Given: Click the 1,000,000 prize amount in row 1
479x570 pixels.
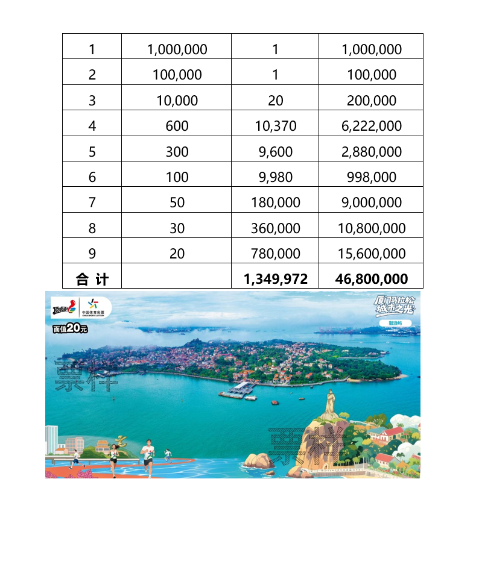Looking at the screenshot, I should (x=177, y=49).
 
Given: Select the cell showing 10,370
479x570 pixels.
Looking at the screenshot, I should (x=275, y=126).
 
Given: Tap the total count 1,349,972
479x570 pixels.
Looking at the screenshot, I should (x=275, y=279).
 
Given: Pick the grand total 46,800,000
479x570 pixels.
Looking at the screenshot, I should (x=371, y=279).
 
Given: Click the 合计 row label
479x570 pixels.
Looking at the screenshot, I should (x=92, y=279).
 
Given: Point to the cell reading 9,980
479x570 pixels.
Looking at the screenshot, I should (x=275, y=177).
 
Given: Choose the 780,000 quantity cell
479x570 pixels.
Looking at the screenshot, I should (x=275, y=254).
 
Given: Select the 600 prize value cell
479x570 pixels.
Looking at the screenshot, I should (x=177, y=126).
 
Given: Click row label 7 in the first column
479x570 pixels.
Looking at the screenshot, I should (x=92, y=202).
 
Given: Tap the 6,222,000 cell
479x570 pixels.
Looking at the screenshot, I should (x=371, y=126).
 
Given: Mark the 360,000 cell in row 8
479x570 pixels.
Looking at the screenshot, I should (x=275, y=228).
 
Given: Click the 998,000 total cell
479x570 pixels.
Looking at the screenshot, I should (x=371, y=177).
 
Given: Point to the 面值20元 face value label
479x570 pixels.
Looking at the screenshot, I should (x=70, y=328).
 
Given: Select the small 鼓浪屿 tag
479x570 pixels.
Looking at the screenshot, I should (x=395, y=324).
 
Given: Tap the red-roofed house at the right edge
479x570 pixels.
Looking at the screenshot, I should (x=391, y=433).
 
